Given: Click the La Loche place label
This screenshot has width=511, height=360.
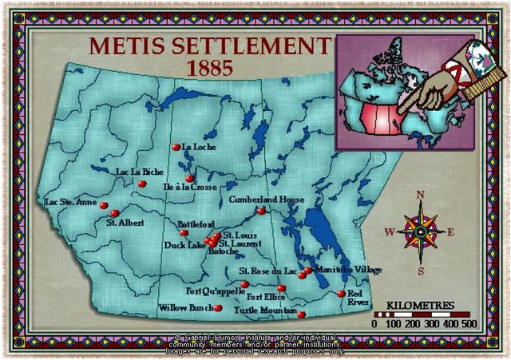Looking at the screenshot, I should tap(200, 147).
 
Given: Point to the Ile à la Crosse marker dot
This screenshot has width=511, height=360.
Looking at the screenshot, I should tap(189, 179).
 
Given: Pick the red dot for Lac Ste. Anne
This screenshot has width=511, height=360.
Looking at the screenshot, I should tap(104, 205).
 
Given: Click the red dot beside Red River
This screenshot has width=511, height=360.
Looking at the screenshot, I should tap(341, 294).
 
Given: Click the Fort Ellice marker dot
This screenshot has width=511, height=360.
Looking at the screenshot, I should tap(281, 288).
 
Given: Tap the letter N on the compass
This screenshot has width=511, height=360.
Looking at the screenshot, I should tap(422, 195).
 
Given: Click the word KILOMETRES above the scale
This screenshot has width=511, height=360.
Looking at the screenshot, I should tap(420, 306).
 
